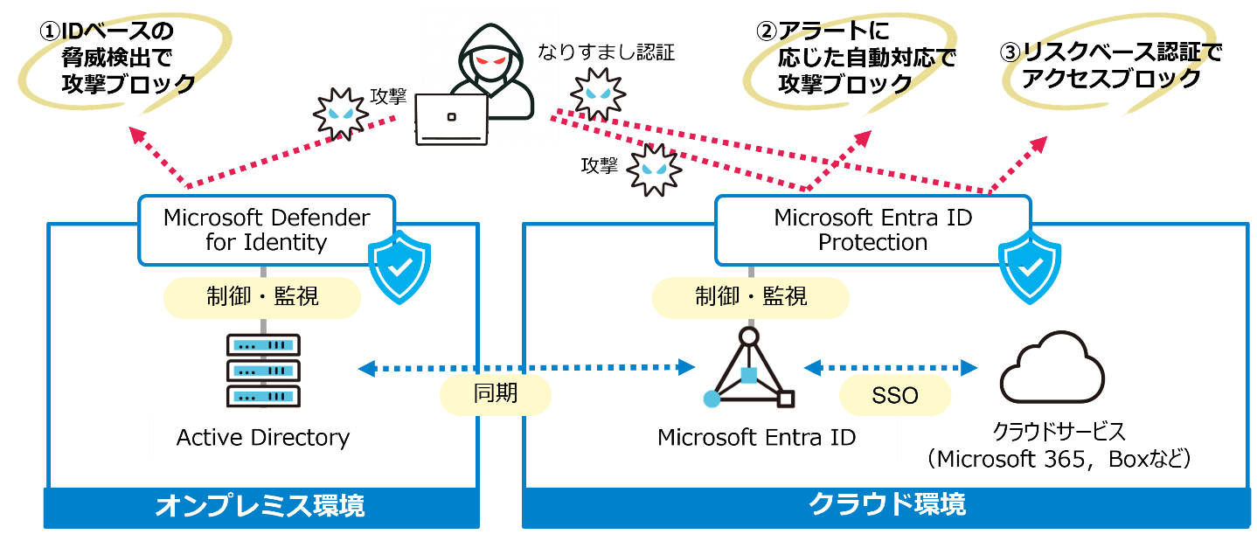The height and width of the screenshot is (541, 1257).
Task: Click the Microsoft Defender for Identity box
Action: [267, 230]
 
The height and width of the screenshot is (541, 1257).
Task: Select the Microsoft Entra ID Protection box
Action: [872, 230]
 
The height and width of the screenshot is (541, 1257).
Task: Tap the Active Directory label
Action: [263, 438]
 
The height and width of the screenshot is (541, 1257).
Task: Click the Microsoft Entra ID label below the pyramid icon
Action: [756, 438]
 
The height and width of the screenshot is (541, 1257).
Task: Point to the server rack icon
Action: [263, 370]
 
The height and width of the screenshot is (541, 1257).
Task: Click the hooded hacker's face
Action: [490, 63]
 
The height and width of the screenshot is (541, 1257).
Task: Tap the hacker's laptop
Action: [451, 119]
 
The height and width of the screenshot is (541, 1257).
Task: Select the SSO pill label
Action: [895, 396]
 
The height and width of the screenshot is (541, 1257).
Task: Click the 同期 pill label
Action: [496, 394]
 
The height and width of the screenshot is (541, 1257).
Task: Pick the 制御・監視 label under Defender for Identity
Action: [263, 297]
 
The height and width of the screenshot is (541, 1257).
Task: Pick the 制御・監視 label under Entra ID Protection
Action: [751, 297]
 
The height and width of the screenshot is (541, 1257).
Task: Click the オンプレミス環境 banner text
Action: [260, 505]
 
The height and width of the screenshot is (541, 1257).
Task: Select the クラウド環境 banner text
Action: [886, 504]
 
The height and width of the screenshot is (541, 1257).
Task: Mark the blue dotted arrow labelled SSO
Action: [890, 368]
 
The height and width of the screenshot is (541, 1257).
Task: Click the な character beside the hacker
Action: [546, 53]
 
